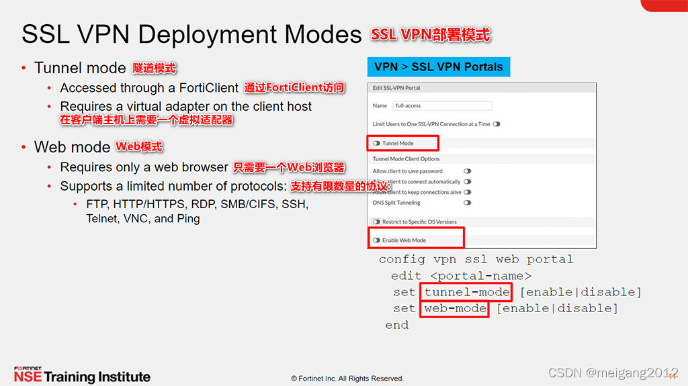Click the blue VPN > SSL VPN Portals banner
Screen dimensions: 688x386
click(x=439, y=67)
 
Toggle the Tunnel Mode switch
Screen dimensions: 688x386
click(x=377, y=143)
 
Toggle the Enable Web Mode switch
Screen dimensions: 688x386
click(x=377, y=240)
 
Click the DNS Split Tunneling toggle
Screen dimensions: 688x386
click(x=467, y=203)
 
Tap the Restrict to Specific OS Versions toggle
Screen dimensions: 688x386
click(x=377, y=222)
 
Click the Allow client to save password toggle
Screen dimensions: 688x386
click(x=467, y=171)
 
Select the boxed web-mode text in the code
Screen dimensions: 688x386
click(x=456, y=309)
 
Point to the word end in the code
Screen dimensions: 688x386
click(x=396, y=325)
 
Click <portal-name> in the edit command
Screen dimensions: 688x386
click(x=481, y=276)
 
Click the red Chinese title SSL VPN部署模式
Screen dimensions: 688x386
click(x=431, y=34)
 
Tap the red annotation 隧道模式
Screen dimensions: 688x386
click(x=155, y=68)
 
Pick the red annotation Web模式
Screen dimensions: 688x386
click(x=139, y=147)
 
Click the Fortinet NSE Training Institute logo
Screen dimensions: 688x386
click(x=82, y=375)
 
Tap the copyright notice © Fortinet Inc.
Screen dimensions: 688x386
click(x=347, y=379)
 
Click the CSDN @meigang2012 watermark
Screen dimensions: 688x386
click(x=613, y=373)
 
